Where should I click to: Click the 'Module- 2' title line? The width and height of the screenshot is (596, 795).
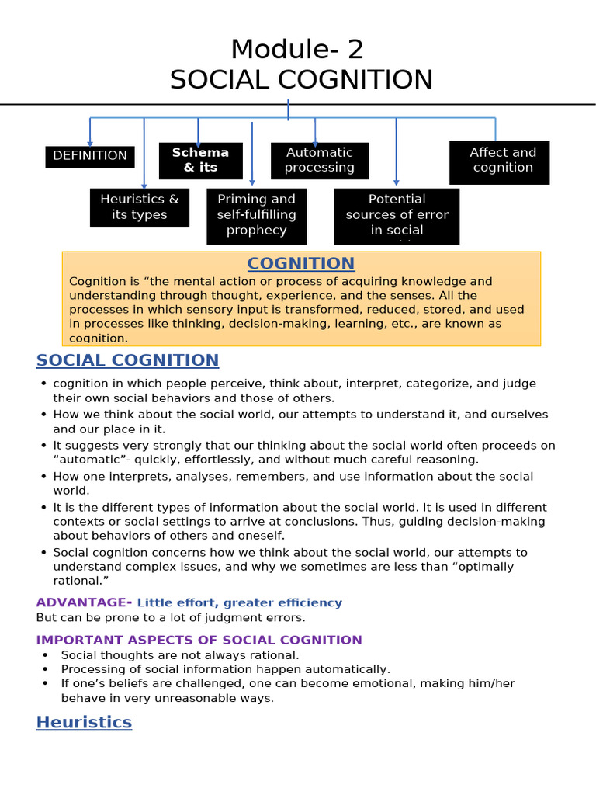point(297,50)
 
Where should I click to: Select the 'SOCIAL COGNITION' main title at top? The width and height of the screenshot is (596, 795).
point(301,80)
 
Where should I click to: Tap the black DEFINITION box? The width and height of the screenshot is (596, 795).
point(90,156)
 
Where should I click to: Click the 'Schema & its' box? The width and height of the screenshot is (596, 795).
point(200,161)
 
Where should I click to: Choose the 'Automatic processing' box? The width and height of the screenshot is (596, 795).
point(319,161)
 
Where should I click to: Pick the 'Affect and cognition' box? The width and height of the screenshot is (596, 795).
point(499,161)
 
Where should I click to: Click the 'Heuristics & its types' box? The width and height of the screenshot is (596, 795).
point(140,207)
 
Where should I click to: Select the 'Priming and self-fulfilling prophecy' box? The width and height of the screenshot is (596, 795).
point(257,215)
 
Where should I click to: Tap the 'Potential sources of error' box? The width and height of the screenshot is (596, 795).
point(397,215)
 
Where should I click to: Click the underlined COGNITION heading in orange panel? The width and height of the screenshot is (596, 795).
point(300,263)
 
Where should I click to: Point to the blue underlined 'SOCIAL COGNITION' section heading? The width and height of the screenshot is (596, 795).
point(127,360)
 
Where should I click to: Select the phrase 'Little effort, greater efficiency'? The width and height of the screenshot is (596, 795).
point(239,603)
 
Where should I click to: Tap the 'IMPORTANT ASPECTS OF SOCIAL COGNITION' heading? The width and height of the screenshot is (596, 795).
point(199,641)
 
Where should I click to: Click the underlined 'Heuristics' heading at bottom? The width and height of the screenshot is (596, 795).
point(84,723)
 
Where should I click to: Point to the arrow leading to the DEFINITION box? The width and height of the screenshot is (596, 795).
point(90,132)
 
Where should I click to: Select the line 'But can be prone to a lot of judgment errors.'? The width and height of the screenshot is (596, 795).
point(171,618)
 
